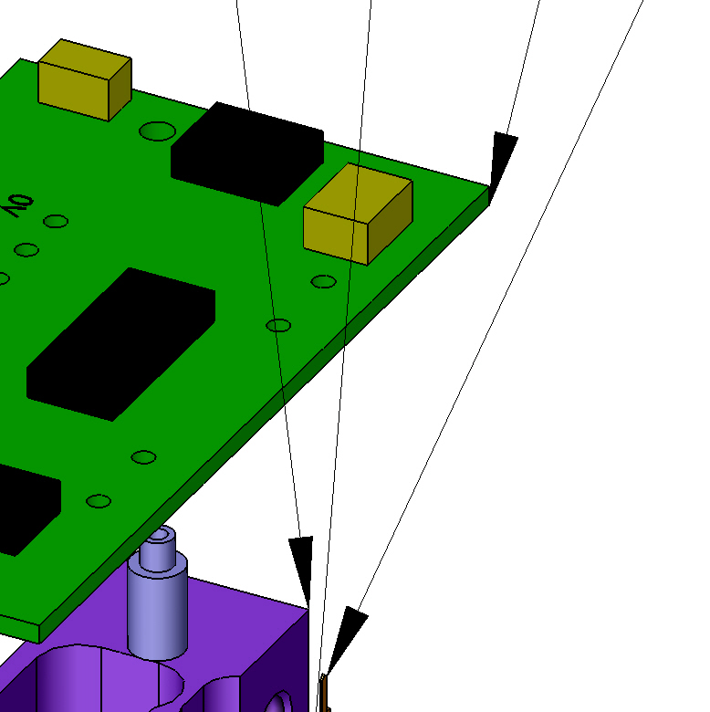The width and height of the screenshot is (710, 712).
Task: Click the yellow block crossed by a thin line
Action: pyautogui.click(x=358, y=214)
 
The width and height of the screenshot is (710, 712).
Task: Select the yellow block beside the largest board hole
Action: pyautogui.click(x=85, y=80)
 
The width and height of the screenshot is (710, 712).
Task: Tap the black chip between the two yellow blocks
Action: pyautogui.click(x=247, y=153)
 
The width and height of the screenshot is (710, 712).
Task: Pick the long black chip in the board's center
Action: pyautogui.click(x=120, y=344)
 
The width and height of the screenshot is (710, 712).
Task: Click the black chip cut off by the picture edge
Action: pyautogui.click(x=27, y=508)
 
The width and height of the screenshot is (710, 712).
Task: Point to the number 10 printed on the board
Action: pyautogui.click(x=17, y=205)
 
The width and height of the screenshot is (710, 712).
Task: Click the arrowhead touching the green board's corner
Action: pyautogui.click(x=502, y=162)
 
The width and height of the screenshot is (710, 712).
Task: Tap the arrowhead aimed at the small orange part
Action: pyautogui.click(x=348, y=638)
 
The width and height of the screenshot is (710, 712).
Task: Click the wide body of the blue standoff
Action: pyautogui.click(x=158, y=606)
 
